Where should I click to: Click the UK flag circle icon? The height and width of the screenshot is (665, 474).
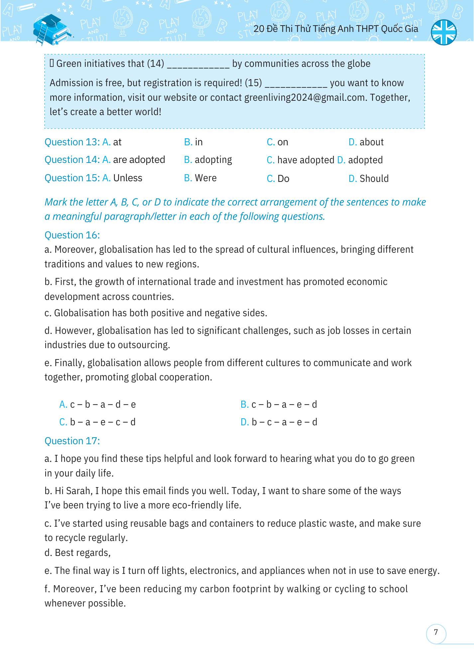click(x=443, y=32)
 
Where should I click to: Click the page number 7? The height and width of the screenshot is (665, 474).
click(x=436, y=632)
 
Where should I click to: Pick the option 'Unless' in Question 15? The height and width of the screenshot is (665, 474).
click(x=128, y=178)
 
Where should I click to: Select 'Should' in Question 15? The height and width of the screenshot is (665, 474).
click(x=374, y=179)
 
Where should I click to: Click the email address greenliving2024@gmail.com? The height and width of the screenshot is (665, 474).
click(x=304, y=98)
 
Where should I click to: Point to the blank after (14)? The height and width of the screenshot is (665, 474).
click(x=198, y=64)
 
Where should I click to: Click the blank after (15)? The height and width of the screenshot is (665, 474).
click(x=296, y=83)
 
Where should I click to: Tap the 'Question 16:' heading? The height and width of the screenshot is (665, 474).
click(x=72, y=235)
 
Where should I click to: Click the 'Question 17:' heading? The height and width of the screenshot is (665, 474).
click(x=72, y=441)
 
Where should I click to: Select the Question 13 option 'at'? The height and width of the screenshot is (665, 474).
click(x=117, y=142)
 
